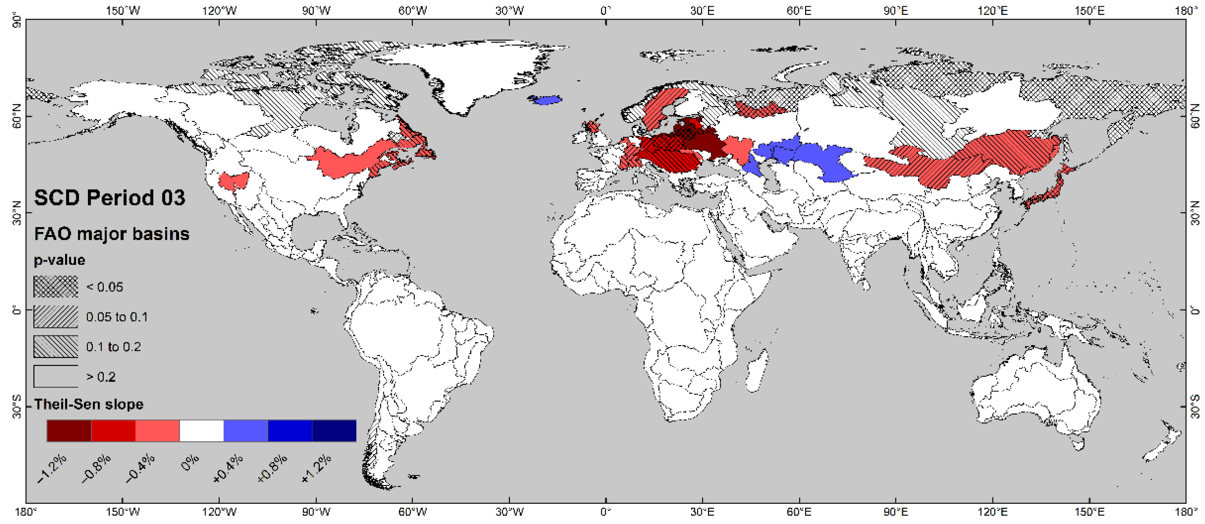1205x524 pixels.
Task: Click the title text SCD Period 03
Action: pos(109,198)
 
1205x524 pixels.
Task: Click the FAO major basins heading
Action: pos(112,234)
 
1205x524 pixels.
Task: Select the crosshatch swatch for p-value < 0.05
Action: pos(56,287)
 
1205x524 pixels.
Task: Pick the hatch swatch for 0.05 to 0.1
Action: pos(56,317)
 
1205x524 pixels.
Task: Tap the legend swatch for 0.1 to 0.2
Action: pos(56,347)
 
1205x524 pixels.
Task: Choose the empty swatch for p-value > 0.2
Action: pos(56,376)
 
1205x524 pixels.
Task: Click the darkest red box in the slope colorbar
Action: pos(69,431)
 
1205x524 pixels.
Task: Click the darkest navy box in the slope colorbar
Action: pos(334,431)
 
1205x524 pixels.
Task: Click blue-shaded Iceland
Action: pos(546,100)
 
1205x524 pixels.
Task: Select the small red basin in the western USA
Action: pos(234,181)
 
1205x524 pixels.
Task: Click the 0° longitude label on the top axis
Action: pos(606,10)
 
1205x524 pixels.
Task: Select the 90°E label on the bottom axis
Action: pos(895,512)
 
